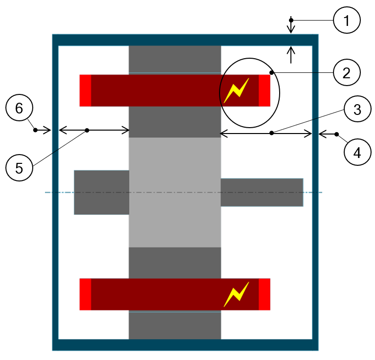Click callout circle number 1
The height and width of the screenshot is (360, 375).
(347, 21)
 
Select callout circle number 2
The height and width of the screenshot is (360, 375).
(347, 73)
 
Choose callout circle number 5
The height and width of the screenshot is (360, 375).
(19, 168)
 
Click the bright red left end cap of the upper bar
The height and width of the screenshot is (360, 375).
(85, 90)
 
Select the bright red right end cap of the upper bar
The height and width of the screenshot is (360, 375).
(265, 90)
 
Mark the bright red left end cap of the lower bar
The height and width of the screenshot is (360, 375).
(85, 294)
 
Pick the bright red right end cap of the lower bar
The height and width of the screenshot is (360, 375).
(265, 294)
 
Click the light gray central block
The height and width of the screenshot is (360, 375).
(175, 192)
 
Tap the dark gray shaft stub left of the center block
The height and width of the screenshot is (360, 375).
(101, 192)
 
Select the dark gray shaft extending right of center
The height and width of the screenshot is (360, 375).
(262, 192)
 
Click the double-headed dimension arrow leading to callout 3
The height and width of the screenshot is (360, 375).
(266, 133)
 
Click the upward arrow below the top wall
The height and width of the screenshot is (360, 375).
(291, 54)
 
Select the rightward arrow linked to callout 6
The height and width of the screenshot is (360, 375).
(44, 130)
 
